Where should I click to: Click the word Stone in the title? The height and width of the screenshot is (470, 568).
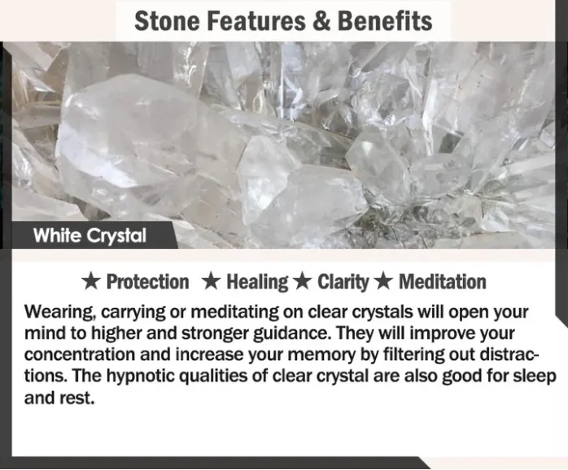tap(167, 20)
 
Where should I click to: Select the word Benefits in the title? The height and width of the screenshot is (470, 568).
tap(385, 20)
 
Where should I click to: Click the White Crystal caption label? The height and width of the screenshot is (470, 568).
tap(90, 236)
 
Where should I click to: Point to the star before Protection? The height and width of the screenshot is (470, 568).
tap(90, 282)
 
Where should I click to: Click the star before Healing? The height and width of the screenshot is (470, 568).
tap(211, 282)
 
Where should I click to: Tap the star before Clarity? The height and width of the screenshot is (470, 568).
tap(303, 282)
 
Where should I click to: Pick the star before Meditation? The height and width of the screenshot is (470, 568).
tap(383, 282)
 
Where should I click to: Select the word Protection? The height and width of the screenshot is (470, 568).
tap(148, 282)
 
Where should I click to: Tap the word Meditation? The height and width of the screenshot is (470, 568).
tap(443, 282)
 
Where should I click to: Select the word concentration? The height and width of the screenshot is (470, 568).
tap(79, 355)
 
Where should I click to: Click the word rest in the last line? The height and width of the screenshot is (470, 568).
tap(76, 398)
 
